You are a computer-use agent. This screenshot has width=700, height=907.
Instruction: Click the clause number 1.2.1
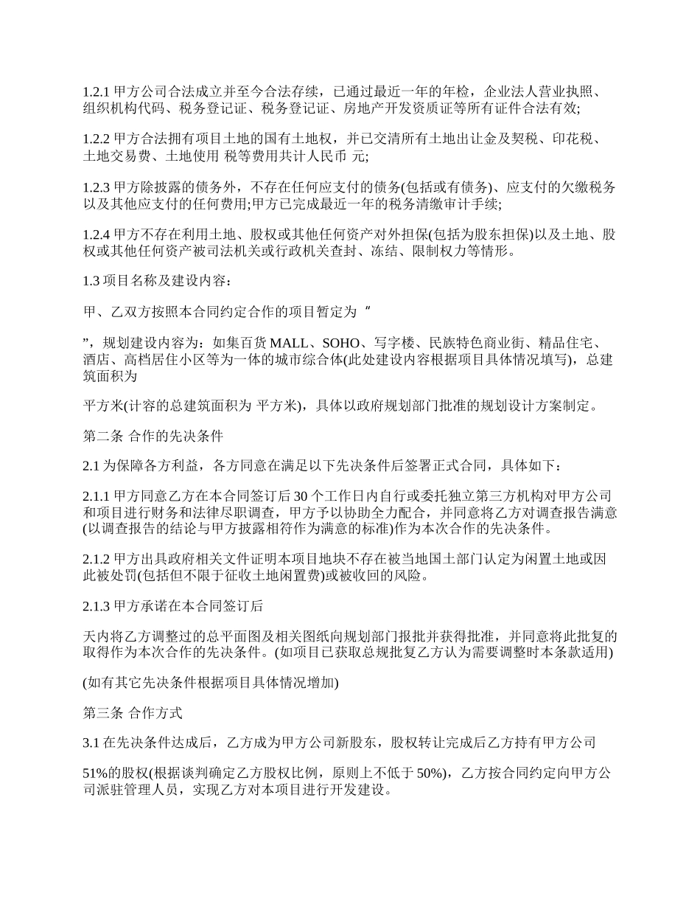click(x=96, y=92)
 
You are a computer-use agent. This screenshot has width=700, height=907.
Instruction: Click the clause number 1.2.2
click(x=96, y=140)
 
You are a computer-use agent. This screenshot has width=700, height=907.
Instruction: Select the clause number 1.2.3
click(x=96, y=188)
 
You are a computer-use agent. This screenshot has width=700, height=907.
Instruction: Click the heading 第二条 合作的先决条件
click(x=152, y=436)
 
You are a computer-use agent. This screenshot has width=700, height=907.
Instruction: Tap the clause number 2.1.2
click(x=96, y=560)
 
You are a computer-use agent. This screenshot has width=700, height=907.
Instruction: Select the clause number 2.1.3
click(x=96, y=607)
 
